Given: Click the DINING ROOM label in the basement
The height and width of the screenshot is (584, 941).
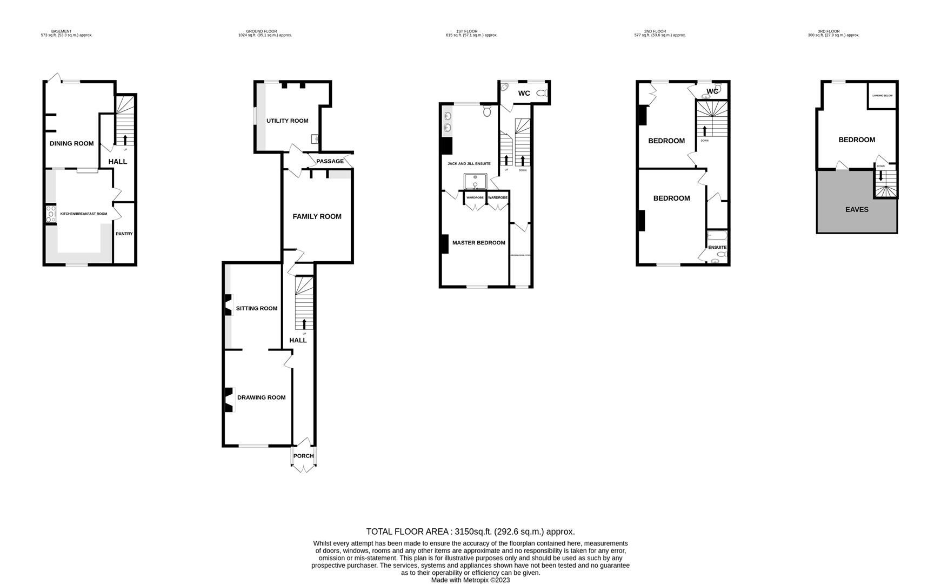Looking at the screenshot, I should (71, 143).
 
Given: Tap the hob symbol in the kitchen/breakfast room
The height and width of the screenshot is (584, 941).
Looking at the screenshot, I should (50, 214).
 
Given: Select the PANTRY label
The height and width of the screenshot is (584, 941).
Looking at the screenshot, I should (124, 234).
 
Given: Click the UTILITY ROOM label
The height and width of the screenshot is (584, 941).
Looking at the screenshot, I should (287, 121).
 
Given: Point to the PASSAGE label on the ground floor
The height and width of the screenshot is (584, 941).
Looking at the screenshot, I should (330, 161).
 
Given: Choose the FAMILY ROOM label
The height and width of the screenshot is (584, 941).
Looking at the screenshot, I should (317, 216).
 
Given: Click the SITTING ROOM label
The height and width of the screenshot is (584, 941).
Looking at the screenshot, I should (256, 308).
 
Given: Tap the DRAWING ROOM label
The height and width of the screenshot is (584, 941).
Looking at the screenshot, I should (261, 397).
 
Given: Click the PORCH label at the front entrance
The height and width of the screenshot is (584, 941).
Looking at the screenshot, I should (303, 456).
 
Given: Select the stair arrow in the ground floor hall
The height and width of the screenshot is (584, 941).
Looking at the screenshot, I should (304, 323).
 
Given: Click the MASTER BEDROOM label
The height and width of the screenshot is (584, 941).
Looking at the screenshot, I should (478, 243).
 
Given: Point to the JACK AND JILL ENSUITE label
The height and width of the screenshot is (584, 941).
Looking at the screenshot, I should (469, 163).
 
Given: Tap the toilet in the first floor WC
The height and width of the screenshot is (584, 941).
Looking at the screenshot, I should (542, 94).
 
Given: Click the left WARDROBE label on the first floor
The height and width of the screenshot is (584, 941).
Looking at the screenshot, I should (475, 198).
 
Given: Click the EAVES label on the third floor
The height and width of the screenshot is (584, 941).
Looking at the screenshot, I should (856, 209).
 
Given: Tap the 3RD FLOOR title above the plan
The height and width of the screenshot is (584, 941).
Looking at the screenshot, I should (828, 31).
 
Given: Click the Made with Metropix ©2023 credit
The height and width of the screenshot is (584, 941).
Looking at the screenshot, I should (470, 580).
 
